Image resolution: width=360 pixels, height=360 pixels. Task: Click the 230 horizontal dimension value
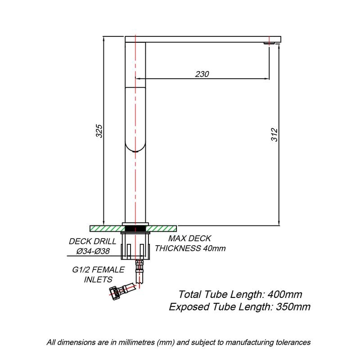[x=202, y=74]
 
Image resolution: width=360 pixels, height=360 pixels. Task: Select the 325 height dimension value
[x=99, y=131]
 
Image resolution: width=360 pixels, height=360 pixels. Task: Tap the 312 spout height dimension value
[x=274, y=135]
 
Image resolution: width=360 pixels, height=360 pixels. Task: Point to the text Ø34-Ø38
[x=93, y=251]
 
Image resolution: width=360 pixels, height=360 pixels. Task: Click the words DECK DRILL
[x=93, y=241]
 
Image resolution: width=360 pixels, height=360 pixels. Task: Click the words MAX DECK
[x=189, y=238]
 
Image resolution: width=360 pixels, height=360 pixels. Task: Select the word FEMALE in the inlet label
[x=108, y=270]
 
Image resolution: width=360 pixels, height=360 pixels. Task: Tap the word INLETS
[x=98, y=279]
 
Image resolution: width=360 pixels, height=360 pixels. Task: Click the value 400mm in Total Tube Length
[x=285, y=294]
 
